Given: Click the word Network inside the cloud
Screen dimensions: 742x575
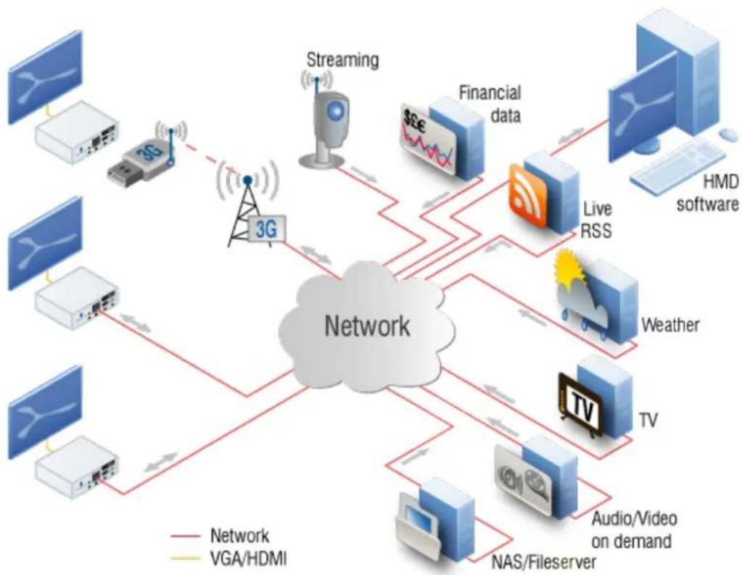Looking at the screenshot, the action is pyautogui.click(x=367, y=326).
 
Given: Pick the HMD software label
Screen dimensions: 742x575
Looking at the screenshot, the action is pyautogui.click(x=707, y=193).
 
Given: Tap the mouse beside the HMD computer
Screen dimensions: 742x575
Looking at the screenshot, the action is pyautogui.click(x=727, y=134).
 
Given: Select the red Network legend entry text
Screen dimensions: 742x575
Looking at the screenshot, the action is pyautogui.click(x=239, y=536).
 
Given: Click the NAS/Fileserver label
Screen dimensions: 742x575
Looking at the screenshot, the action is pyautogui.click(x=544, y=562).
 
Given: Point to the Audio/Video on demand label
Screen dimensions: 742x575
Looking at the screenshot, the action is pyautogui.click(x=633, y=529).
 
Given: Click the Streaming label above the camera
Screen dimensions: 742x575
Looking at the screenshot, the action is pyautogui.click(x=342, y=61).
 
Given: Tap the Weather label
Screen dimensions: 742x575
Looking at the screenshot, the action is pyautogui.click(x=670, y=325).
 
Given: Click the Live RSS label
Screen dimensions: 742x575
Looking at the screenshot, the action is pyautogui.click(x=597, y=220).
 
